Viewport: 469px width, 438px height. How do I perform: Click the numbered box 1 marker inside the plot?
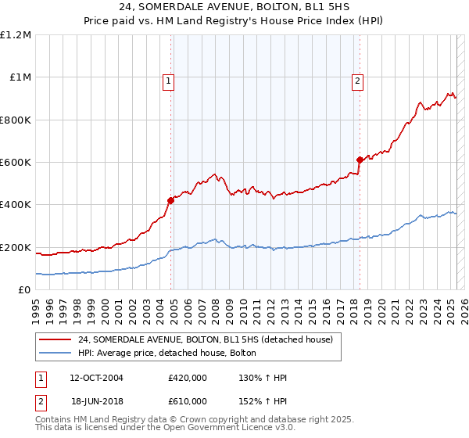[169, 80]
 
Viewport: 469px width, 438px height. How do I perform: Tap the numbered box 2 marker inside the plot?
[357, 80]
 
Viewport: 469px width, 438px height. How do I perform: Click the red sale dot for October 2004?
[171, 200]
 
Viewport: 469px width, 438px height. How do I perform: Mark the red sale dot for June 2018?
[360, 160]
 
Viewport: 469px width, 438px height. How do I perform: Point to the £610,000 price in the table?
[187, 400]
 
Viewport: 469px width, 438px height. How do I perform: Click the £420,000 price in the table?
[187, 378]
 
